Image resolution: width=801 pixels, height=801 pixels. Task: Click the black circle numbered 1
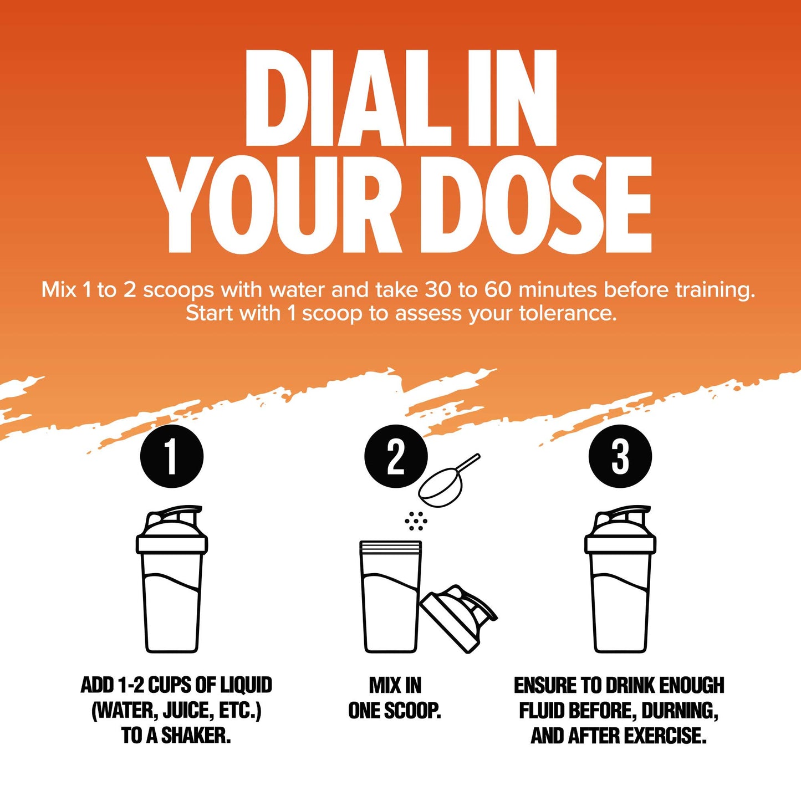coord(172,456)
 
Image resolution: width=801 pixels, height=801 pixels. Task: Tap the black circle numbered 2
coord(396,456)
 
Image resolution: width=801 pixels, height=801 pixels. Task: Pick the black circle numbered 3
coord(620,456)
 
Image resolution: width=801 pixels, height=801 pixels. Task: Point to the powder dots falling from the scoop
coord(416,521)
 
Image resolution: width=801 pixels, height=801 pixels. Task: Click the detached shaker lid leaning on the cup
coord(457,619)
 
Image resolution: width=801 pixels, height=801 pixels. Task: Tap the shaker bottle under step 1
coord(172,579)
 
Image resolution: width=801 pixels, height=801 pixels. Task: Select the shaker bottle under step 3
coord(620,579)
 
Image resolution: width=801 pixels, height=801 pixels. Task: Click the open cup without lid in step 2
coord(391,596)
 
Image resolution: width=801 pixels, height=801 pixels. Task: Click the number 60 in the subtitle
coord(498,290)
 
